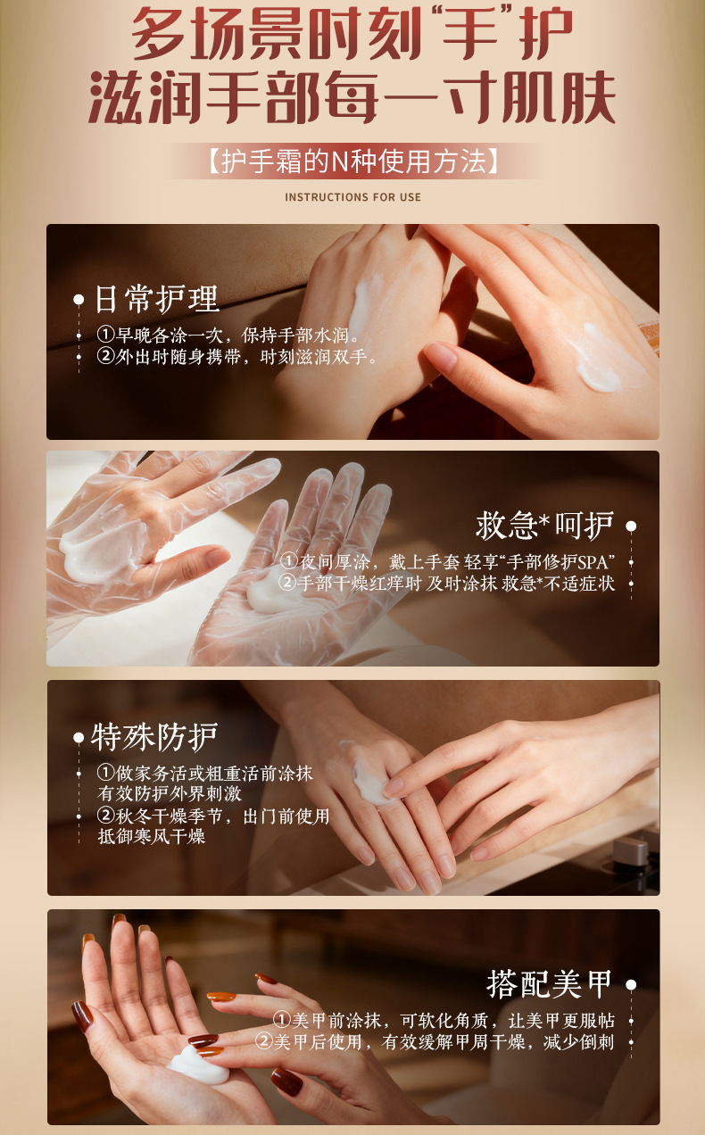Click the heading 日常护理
pyautogui.click(x=157, y=299)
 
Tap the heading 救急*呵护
pyautogui.click(x=544, y=526)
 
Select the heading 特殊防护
pyautogui.click(x=154, y=737)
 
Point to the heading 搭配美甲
pyautogui.click(x=550, y=984)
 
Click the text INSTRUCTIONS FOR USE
pyautogui.click(x=352, y=197)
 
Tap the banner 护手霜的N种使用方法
pyautogui.click(x=353, y=162)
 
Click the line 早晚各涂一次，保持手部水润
pyautogui.click(x=228, y=335)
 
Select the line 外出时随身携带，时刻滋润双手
pyautogui.click(x=236, y=357)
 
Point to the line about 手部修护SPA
pyautogui.click(x=447, y=562)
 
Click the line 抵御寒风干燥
pyautogui.click(x=152, y=836)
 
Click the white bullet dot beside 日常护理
pyautogui.click(x=79, y=300)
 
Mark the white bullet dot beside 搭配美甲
pyautogui.click(x=631, y=984)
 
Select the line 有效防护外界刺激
pyautogui.click(x=170, y=793)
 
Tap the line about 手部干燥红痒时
pyautogui.click(x=446, y=584)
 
